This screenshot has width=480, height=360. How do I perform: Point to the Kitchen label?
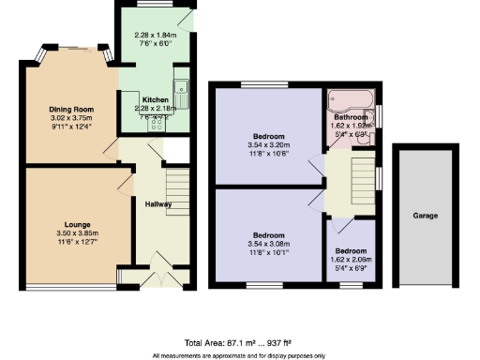coord(155,98)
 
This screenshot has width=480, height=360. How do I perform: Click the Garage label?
coord(425,216)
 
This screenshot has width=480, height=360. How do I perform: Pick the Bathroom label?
coord(351,117)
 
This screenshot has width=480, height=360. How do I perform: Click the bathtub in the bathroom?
coord(350,98)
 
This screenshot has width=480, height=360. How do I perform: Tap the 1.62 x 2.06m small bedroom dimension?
coord(352,260)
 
